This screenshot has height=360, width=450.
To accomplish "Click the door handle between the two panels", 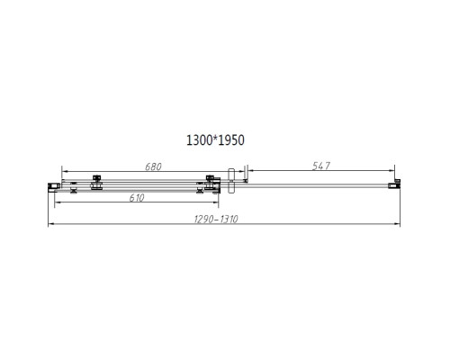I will [232, 177].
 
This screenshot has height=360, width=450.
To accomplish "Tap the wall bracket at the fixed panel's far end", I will [392, 184].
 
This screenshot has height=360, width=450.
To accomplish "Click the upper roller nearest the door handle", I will [211, 178].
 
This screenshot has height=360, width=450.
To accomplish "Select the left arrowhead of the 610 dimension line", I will [58, 203].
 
